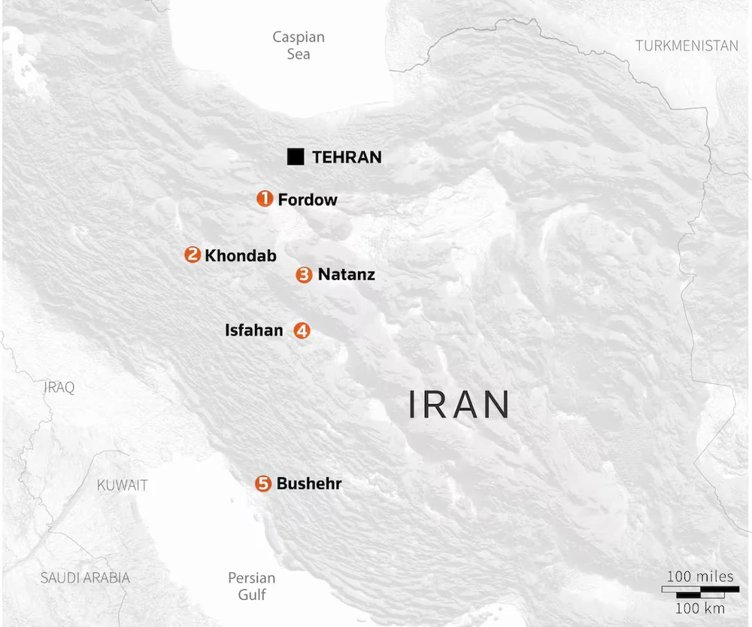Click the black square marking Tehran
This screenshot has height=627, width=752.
coord(296,157)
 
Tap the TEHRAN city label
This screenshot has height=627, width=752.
coord(347,157)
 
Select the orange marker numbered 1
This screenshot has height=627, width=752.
coord(265,199)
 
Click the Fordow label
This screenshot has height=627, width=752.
coord(308,199)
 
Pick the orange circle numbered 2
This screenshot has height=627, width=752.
coord(193,254)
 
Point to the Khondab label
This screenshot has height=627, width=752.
coord(241,255)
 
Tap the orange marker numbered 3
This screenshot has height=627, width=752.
coord(304,275)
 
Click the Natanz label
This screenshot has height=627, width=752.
coord(346,274)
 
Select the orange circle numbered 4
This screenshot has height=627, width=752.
coord(302,330)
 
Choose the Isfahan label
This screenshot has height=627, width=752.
coord(254,330)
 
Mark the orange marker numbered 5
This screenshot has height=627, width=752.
coord(262,484)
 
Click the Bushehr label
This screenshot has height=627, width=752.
coord(309,484)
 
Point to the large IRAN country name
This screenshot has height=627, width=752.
coord(459,405)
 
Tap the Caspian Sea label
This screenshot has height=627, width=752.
coord(299,45)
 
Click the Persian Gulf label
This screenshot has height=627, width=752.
coord(252,586)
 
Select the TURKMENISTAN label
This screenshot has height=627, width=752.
coord(687,46)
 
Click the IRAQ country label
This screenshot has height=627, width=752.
coord(59,388)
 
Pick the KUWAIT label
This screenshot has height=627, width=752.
coord(123,485)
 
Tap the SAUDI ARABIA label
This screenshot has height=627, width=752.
coord(85,578)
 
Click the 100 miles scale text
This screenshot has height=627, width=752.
coord(700,577)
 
